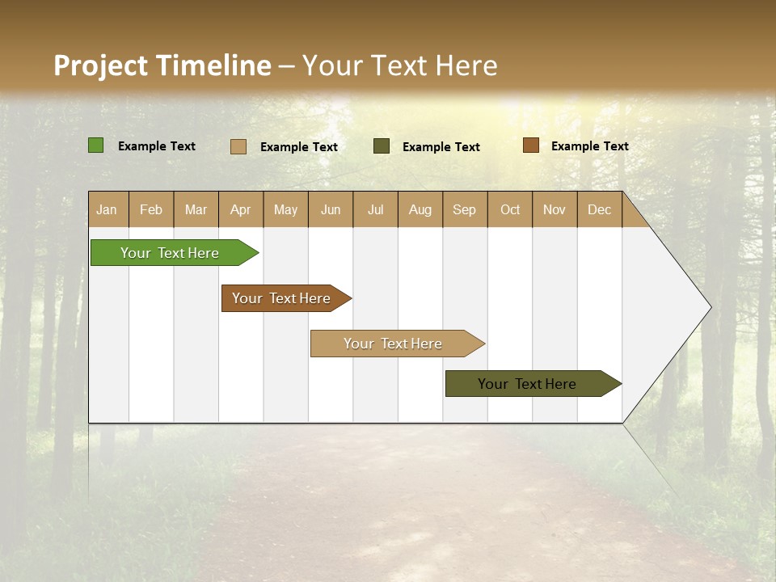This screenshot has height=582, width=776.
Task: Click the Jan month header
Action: coord(108,209)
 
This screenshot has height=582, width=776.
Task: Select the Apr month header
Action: coord(241,209)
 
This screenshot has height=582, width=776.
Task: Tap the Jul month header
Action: coord(375,209)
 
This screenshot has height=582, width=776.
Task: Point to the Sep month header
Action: coord(464,209)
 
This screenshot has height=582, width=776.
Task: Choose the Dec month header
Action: coord(599,209)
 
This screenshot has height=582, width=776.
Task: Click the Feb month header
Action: coord(151,209)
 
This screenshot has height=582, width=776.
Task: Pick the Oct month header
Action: coord(510,209)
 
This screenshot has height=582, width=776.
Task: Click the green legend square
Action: coord(96,145)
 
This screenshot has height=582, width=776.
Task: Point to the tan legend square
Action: coord(238,146)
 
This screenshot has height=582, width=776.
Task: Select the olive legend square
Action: coord(382,146)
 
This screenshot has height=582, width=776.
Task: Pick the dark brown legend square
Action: coord(531,145)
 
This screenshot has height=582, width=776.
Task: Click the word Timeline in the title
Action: coord(213,65)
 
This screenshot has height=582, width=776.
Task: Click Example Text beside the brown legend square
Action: coord(589,146)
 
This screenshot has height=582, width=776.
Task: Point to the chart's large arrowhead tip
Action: coord(708,307)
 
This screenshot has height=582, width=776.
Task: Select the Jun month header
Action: coord(331,209)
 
